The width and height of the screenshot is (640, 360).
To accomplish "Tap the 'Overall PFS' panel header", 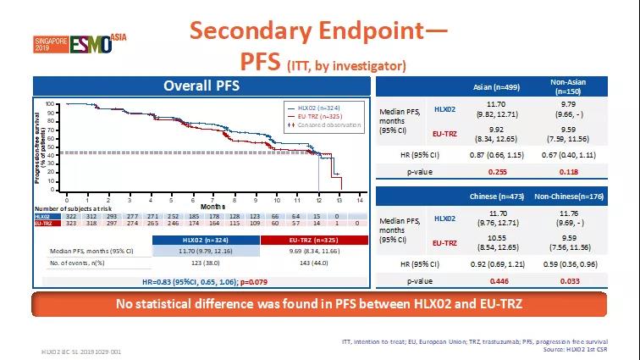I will (201, 86).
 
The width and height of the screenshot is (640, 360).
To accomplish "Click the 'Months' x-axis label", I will (213, 206).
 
